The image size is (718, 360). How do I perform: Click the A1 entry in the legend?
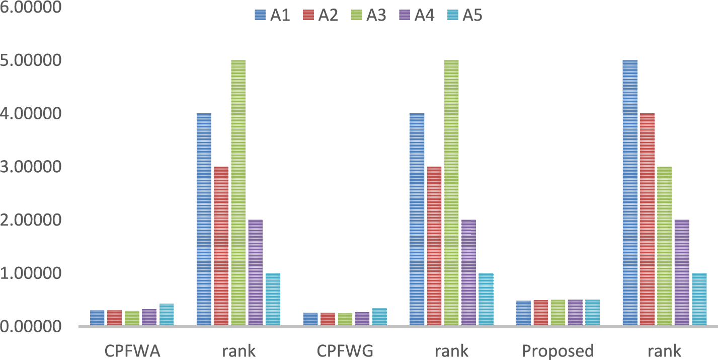point(272,15)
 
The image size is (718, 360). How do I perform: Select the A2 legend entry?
point(321,15)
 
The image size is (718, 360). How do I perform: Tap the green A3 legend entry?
point(369,15)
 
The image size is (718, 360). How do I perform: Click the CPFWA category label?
point(132,351)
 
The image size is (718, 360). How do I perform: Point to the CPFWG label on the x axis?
point(345,351)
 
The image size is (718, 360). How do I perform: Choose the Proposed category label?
point(557,351)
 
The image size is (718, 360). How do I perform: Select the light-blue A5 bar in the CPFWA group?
point(167,315)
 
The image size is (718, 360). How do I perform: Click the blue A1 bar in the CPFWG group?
point(310,319)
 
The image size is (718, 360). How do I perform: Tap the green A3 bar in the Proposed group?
point(558,313)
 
